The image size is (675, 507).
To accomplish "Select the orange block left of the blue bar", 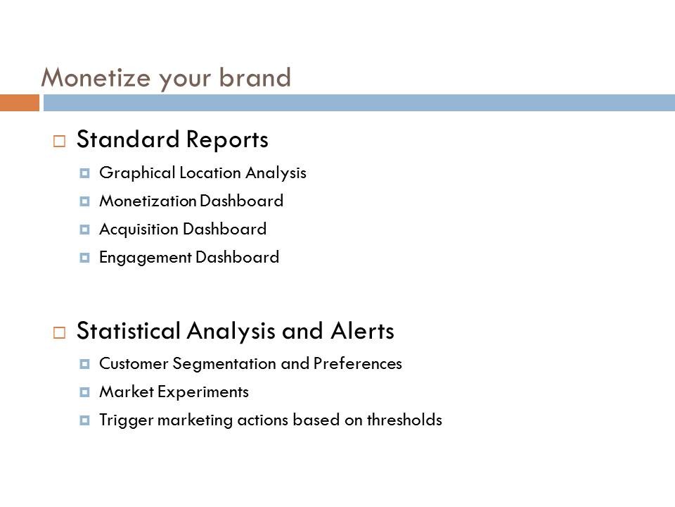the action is (20, 103).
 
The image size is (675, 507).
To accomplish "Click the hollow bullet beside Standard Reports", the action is (59, 141).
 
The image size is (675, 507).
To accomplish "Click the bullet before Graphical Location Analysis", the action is (85, 173).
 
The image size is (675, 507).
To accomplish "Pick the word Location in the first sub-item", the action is (210, 173).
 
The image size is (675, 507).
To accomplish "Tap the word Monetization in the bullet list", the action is (148, 201).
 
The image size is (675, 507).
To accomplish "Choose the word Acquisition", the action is (139, 230).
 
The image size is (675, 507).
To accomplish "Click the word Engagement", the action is (146, 258).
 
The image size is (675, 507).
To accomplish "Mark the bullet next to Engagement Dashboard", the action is (85, 258).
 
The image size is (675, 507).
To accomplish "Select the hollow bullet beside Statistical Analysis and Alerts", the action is (59, 332).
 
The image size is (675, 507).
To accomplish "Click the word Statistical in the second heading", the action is (128, 331).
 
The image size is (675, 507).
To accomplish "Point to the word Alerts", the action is (363, 331).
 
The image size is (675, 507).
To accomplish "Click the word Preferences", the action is (358, 363).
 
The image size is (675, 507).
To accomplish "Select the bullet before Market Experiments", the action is (85, 392).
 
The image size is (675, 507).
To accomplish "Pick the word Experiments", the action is (203, 392).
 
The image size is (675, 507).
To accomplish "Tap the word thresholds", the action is (404, 420).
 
